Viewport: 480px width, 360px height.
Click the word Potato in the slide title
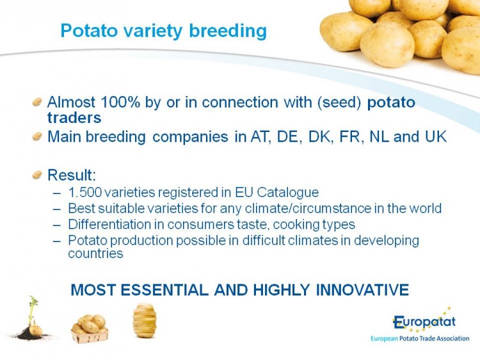point(89,31)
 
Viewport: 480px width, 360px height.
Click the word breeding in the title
point(228,32)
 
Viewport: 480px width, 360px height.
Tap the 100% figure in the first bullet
point(120,102)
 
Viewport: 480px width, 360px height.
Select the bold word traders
point(74,118)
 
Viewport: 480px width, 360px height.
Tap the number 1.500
point(85,192)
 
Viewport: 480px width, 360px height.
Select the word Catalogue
point(288,193)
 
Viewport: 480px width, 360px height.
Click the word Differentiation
point(109,224)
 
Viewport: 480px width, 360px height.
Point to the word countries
point(95,254)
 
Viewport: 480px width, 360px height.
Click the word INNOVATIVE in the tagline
point(362,290)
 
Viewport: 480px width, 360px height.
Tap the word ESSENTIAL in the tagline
point(164,290)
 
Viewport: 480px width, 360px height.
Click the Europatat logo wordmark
point(424,322)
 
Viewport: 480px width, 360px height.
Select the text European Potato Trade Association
point(420,339)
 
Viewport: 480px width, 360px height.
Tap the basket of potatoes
point(90,329)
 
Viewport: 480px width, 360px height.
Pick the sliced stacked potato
point(145,320)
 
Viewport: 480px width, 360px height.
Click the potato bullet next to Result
point(36,175)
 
